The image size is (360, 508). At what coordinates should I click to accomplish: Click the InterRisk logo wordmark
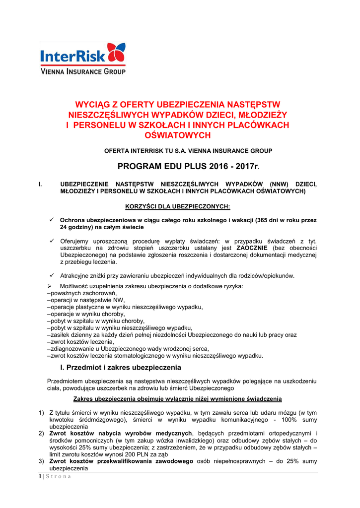[72, 55]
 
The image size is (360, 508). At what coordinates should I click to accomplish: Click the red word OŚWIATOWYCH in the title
[177, 135]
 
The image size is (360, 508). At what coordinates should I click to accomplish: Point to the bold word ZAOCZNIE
[252, 247]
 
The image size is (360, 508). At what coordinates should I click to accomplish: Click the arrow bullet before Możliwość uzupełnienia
[50, 287]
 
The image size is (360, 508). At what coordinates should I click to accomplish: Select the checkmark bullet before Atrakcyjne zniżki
[51, 275]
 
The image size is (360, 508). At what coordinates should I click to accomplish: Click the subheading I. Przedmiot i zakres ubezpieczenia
[120, 368]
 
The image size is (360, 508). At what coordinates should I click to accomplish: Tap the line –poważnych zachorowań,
[74, 294]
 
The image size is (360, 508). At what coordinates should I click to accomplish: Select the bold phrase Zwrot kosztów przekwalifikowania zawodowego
[121, 461]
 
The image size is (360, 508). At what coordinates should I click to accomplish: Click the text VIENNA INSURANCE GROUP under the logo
[82, 71]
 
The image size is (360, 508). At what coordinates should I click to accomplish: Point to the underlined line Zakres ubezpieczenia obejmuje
[177, 399]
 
